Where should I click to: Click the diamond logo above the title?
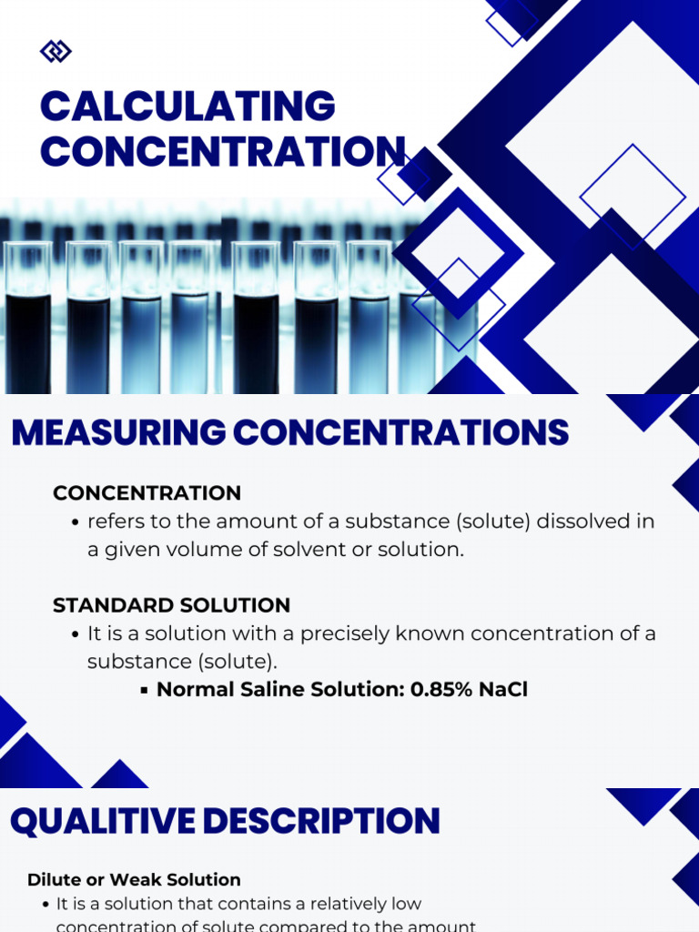56,52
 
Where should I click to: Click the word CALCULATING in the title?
187,106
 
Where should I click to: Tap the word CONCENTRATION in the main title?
222,151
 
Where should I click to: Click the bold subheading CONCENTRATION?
147,493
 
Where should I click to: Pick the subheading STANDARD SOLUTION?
171,605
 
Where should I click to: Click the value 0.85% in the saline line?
441,690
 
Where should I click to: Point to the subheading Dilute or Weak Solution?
134,880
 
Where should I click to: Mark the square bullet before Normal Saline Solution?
145,691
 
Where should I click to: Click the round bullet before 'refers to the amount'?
76,523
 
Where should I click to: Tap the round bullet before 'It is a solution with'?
76,634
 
